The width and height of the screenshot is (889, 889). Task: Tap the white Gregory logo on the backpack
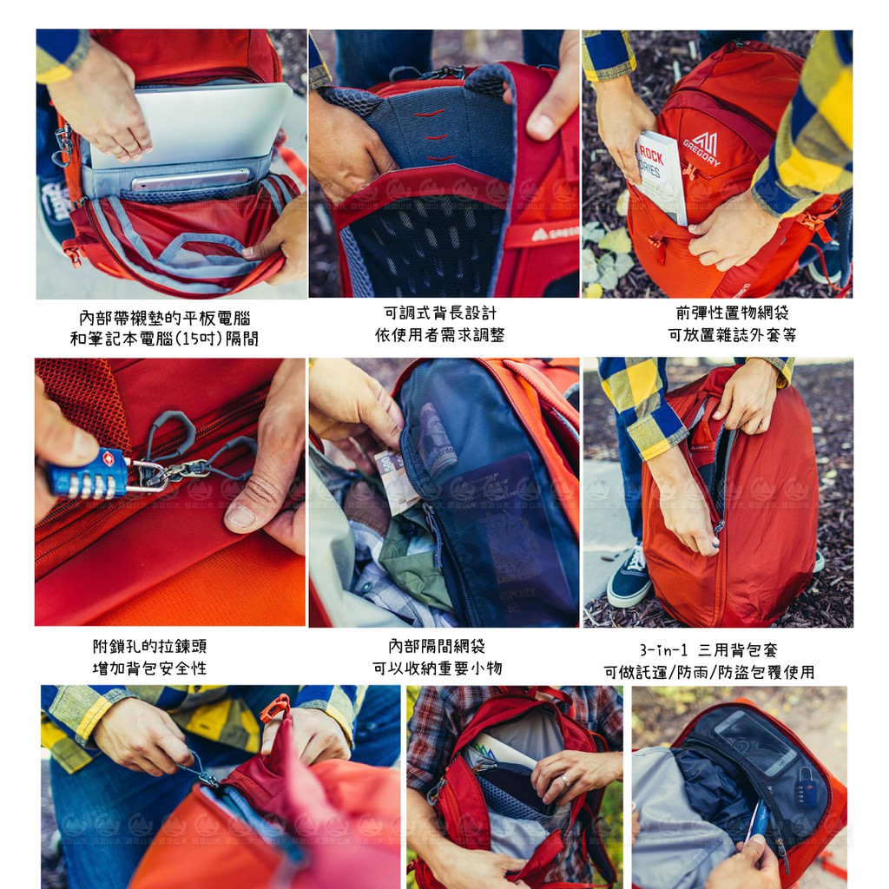[703, 148]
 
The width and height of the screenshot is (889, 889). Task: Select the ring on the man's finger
[566, 780]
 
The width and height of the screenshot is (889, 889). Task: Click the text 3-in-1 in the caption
[663, 649]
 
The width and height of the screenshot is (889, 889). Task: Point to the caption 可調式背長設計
[440, 313]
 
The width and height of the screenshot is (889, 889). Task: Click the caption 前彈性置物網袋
[732, 313]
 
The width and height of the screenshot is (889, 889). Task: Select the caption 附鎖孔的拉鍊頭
[149, 646]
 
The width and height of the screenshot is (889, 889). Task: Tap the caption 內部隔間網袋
[438, 646]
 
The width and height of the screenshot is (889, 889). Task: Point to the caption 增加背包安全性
[149, 668]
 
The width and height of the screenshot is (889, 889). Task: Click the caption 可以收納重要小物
[438, 668]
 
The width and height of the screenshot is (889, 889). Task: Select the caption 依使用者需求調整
[440, 335]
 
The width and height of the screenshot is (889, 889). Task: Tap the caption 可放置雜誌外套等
[732, 335]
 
